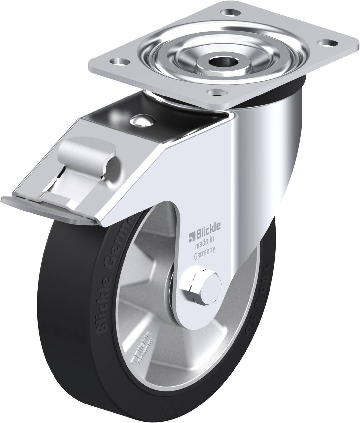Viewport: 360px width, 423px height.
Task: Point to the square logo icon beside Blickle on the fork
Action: coord(191,236)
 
